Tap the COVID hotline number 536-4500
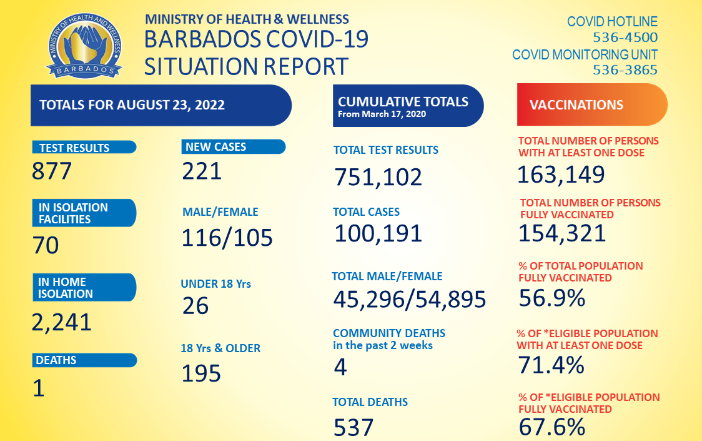coord(625,38)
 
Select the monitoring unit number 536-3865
coord(625,70)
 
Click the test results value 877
coord(52,171)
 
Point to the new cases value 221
coord(202,170)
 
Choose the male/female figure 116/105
coord(227,238)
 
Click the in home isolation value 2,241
coord(62,322)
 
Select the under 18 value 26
coord(195,305)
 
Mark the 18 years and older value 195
coord(201,373)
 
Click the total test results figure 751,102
coord(378,177)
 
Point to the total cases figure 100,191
coord(378,233)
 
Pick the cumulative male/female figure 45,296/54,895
coord(409,300)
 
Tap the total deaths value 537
coord(353,428)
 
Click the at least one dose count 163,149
coord(561,175)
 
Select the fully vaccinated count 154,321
coord(562,233)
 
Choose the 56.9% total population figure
coord(551,298)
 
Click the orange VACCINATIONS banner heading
coord(576,105)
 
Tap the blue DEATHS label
coord(56,360)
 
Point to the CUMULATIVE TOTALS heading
coord(403,102)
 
